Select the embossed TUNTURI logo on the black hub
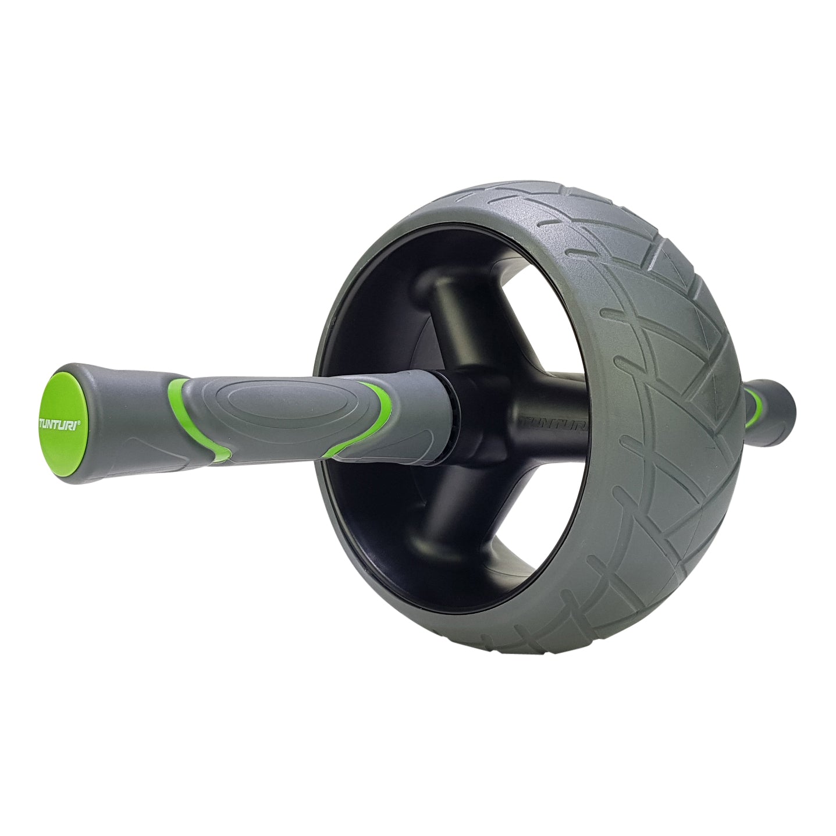[553, 421]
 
